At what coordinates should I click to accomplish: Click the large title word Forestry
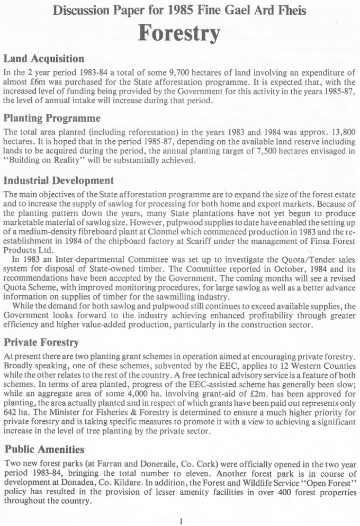pyautogui.click(x=179, y=33)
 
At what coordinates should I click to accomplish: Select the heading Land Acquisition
pyautogui.click(x=43, y=58)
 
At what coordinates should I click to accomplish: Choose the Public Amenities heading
pyautogui.click(x=44, y=449)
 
